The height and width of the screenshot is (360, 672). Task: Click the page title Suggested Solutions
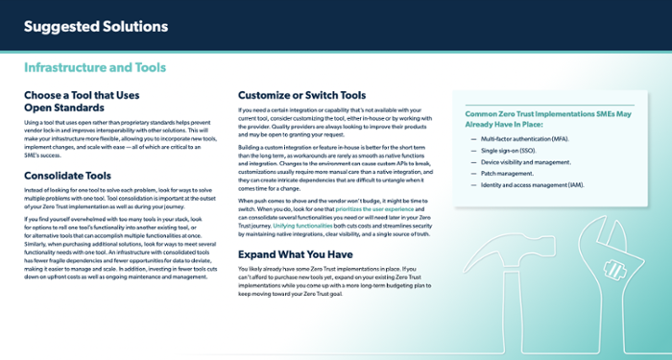click(x=95, y=26)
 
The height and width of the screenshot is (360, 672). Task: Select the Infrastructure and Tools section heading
click(x=94, y=68)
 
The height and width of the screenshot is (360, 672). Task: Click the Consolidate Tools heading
click(x=67, y=176)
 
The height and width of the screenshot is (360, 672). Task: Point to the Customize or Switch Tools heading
click(x=301, y=96)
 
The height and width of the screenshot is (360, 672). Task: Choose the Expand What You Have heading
click(x=294, y=254)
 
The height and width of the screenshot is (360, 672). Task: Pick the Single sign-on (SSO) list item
click(x=510, y=152)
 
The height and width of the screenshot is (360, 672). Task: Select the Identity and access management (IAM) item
click(x=534, y=184)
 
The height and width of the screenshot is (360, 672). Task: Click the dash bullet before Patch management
click(x=473, y=174)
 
